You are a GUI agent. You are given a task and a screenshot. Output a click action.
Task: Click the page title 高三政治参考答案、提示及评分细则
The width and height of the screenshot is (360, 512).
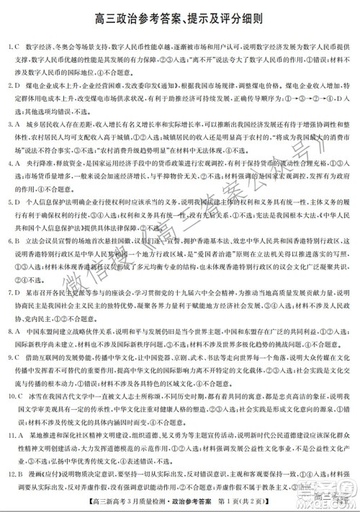tap(180, 15)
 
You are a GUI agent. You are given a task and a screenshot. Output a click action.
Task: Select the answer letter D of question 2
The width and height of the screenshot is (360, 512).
tap(15, 84)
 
